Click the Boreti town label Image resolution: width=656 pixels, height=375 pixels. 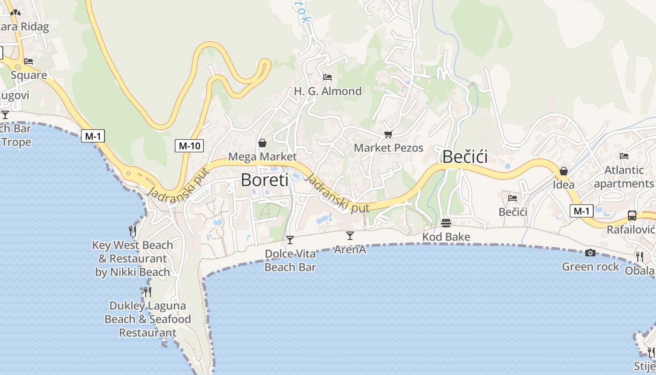[264, 180]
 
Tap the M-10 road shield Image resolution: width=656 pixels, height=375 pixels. [189, 146]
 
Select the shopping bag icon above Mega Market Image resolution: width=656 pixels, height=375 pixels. [262, 142]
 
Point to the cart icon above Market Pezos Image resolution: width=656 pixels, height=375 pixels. [388, 135]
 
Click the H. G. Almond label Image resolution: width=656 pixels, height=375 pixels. [328, 91]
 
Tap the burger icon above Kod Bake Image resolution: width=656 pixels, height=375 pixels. [446, 222]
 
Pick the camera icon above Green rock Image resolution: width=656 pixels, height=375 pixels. [590, 253]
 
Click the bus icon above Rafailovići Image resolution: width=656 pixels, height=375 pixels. [632, 216]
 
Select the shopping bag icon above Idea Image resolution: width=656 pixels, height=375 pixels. [564, 171]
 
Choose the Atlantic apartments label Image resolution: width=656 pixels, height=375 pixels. [624, 177]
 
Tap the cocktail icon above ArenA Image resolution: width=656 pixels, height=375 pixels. [350, 235]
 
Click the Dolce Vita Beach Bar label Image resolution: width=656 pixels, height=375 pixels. [290, 261]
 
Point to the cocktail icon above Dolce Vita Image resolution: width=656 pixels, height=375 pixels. [290, 240]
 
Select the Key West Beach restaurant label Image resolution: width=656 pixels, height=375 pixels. [133, 258]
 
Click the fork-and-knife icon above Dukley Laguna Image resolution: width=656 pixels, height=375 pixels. [148, 292]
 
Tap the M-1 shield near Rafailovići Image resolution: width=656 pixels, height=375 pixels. [581, 211]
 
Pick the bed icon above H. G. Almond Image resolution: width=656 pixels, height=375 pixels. [328, 77]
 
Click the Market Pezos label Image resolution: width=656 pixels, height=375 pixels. [388, 148]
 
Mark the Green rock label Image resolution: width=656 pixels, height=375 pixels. [590, 267]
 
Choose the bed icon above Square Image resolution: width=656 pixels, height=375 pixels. [29, 61]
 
